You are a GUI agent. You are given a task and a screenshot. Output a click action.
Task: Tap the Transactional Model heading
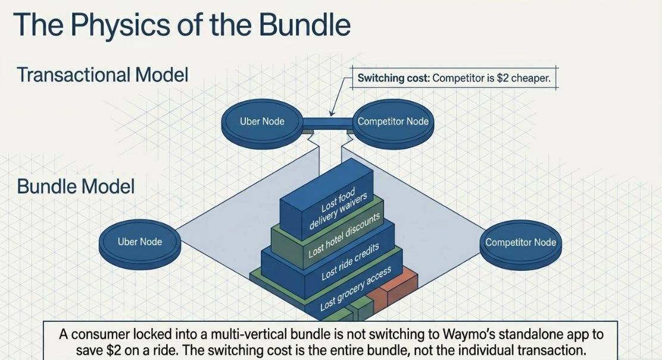102,75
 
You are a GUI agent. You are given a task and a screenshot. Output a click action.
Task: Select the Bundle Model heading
76,186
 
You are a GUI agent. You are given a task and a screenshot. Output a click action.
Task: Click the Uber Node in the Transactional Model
262,121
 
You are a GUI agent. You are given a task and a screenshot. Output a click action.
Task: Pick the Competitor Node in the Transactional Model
393,121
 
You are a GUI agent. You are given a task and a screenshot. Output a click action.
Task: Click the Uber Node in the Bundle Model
140,242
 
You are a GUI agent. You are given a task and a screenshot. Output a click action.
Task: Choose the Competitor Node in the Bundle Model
520,243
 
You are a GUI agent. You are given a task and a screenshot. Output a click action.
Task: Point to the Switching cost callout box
454,78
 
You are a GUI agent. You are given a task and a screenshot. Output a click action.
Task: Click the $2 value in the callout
502,78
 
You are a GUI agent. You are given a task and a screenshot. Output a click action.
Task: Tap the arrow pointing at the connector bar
341,96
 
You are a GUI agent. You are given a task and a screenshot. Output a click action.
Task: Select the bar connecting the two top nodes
327,123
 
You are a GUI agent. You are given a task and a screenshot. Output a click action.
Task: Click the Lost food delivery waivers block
327,198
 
